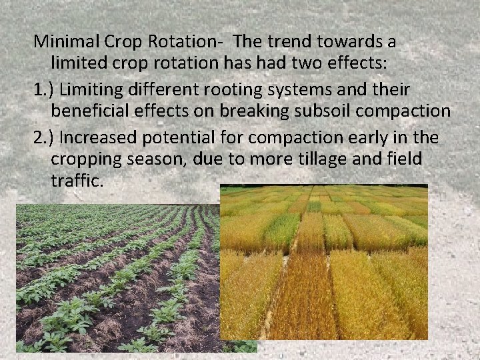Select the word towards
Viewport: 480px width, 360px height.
pos(346,42)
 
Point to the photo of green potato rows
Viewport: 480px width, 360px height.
pos(117,280)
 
